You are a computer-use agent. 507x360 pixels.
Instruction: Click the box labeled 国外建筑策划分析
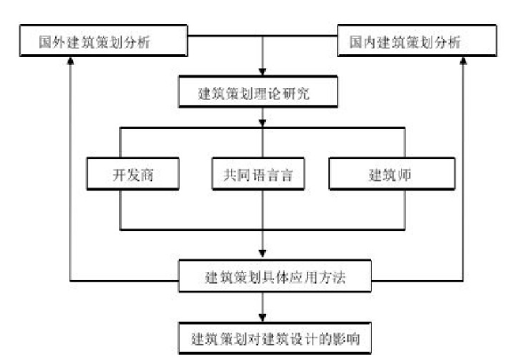(x=103, y=41)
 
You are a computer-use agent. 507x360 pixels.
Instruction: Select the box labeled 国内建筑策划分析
(x=417, y=41)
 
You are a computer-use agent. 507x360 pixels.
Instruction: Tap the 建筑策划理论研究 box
(x=258, y=92)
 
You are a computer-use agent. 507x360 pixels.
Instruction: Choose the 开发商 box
(x=133, y=174)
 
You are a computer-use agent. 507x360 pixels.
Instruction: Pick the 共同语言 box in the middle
(x=258, y=174)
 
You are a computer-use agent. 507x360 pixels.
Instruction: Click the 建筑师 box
(x=392, y=174)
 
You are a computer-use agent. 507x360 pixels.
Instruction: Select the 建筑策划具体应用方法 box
(x=275, y=276)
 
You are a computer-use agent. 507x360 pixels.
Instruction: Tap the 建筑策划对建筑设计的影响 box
(x=275, y=339)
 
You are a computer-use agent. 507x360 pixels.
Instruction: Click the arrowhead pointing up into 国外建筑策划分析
(x=70, y=60)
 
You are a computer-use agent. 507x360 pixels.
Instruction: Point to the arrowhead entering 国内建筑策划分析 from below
(x=463, y=60)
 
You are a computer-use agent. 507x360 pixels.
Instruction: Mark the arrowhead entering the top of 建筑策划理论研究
(x=262, y=72)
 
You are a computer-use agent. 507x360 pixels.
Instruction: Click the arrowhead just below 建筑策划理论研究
(x=262, y=124)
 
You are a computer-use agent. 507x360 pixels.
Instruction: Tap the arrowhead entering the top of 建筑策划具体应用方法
(x=262, y=253)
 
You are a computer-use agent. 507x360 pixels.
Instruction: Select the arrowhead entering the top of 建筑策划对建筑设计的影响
(x=262, y=318)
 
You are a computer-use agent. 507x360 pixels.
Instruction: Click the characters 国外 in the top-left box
(x=52, y=42)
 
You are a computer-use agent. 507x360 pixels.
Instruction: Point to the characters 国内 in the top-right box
(x=363, y=42)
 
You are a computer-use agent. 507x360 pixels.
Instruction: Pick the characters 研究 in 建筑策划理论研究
(x=296, y=93)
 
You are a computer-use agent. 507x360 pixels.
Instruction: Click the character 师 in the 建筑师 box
(x=404, y=175)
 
